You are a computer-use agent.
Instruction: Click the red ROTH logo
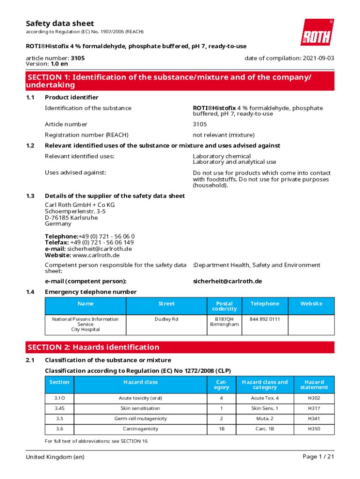coord(317,32)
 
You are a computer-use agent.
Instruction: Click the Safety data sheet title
coord(60,23)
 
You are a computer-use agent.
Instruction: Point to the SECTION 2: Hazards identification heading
coord(94,347)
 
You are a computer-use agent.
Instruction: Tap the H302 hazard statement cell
coord(314,398)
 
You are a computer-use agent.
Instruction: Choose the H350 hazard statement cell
coord(314,429)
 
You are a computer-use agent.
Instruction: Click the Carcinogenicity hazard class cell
coord(140,429)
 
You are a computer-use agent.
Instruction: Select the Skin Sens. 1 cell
coord(265,408)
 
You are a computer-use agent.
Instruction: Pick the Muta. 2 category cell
coord(265,419)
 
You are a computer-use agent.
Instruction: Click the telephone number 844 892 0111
coord(265,319)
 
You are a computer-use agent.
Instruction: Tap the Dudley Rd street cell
coord(166,319)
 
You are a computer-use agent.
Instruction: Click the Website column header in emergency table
coord(311,304)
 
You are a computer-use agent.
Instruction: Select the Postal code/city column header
coord(224,306)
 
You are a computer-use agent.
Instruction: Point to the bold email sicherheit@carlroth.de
coord(227,281)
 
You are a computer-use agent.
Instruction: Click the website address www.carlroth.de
coord(96,255)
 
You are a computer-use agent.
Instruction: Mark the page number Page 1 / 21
coord(318,457)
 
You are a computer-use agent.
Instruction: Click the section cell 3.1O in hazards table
coord(59,398)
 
